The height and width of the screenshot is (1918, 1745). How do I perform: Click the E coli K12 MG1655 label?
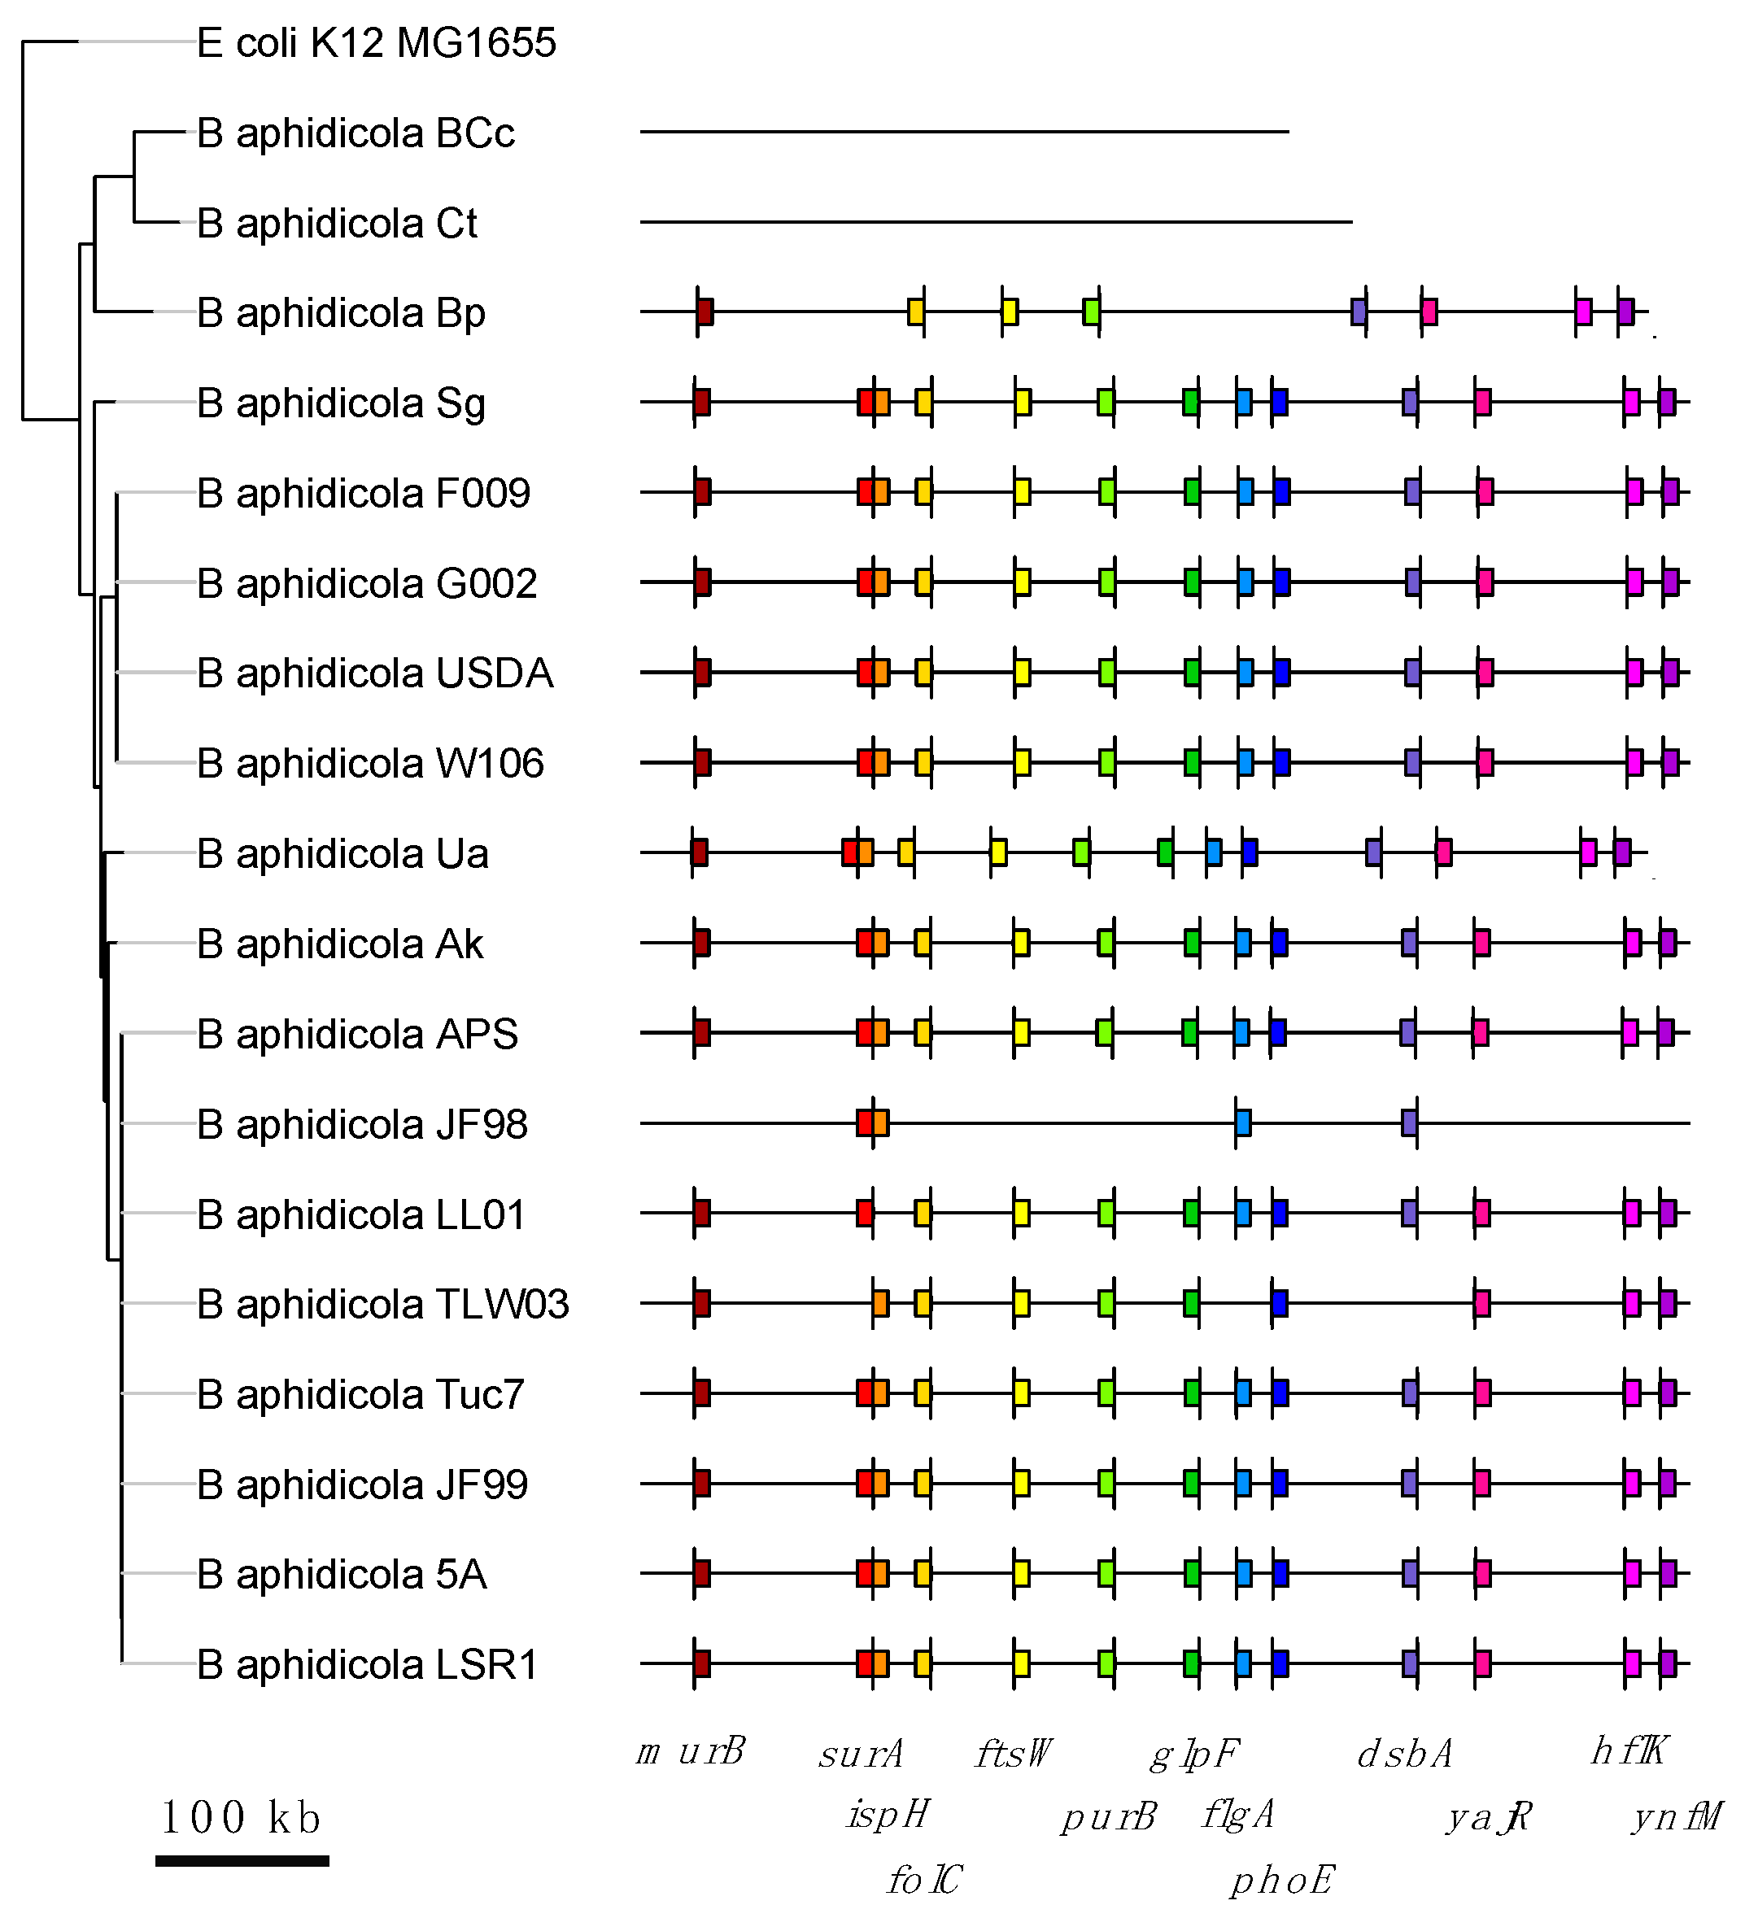[376, 44]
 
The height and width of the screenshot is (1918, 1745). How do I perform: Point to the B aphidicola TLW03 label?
[382, 1305]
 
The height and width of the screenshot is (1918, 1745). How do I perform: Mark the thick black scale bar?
[242, 1861]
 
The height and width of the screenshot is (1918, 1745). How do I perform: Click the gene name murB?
[691, 1751]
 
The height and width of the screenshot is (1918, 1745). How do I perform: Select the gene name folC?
[924, 1880]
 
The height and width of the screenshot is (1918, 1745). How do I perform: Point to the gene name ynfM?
[1677, 1816]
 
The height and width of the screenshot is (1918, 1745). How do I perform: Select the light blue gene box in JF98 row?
[1242, 1122]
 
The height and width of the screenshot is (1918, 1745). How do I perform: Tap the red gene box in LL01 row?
[865, 1213]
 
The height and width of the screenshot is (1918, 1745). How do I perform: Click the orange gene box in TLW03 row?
[881, 1302]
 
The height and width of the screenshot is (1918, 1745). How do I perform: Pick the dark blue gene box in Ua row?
[1250, 852]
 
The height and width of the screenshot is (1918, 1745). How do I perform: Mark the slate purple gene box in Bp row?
[1359, 311]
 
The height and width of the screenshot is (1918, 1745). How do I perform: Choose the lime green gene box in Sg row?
[1106, 402]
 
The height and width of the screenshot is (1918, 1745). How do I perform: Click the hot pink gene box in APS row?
[1480, 1032]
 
